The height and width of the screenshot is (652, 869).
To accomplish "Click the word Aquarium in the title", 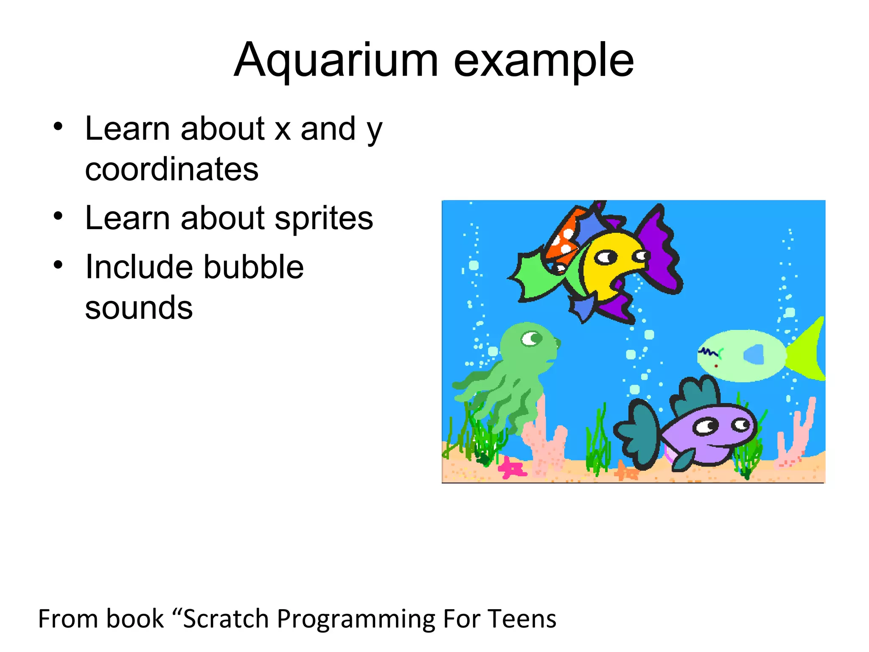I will [336, 60].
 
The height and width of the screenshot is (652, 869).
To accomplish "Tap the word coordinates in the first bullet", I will [171, 169].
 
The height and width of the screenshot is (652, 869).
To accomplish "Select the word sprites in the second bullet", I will [324, 218].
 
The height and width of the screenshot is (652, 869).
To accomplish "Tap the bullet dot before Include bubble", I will [58, 265].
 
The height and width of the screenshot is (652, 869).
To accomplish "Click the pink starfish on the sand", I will [511, 468].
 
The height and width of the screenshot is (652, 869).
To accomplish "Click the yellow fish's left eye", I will [605, 257].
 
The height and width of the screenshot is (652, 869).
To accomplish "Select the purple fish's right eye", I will [741, 424].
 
